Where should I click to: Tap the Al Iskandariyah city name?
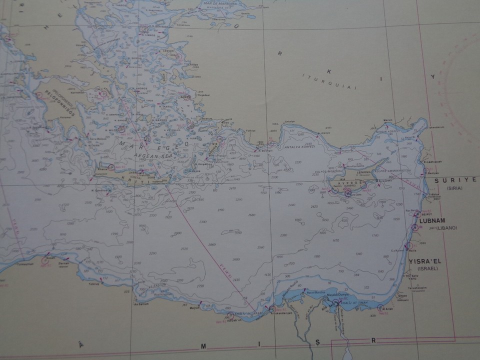[x=280, y=314]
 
